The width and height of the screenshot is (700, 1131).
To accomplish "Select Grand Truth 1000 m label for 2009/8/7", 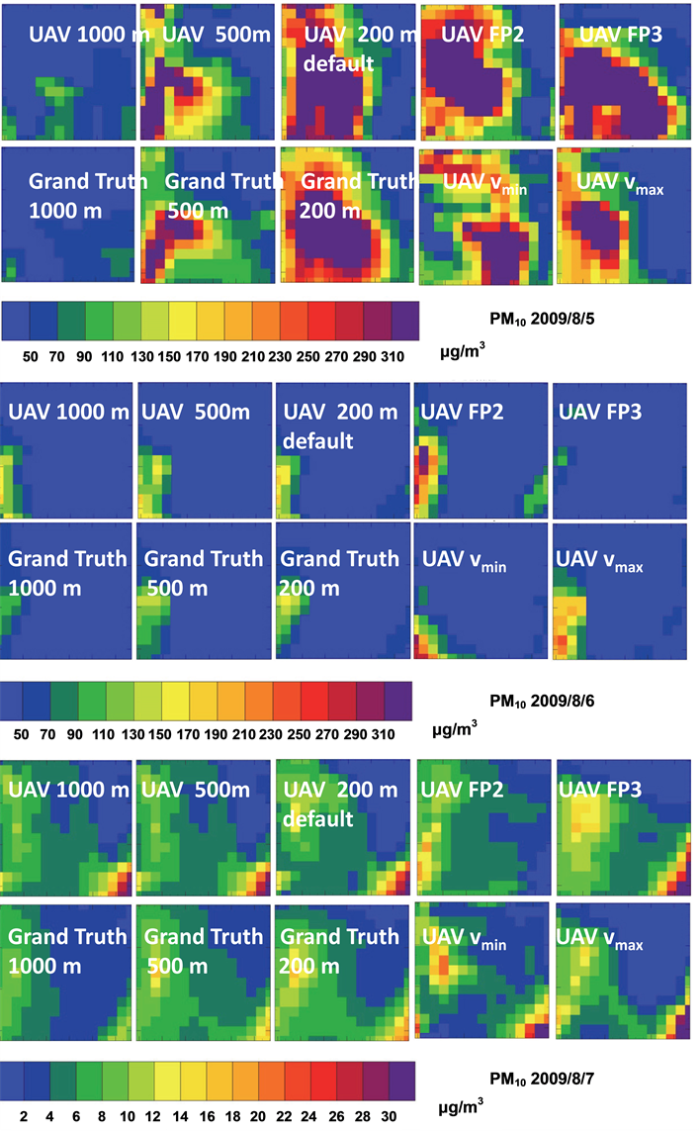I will pyautogui.click(x=68, y=950).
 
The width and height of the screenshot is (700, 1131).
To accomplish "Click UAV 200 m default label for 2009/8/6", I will pyautogui.click(x=340, y=425).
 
